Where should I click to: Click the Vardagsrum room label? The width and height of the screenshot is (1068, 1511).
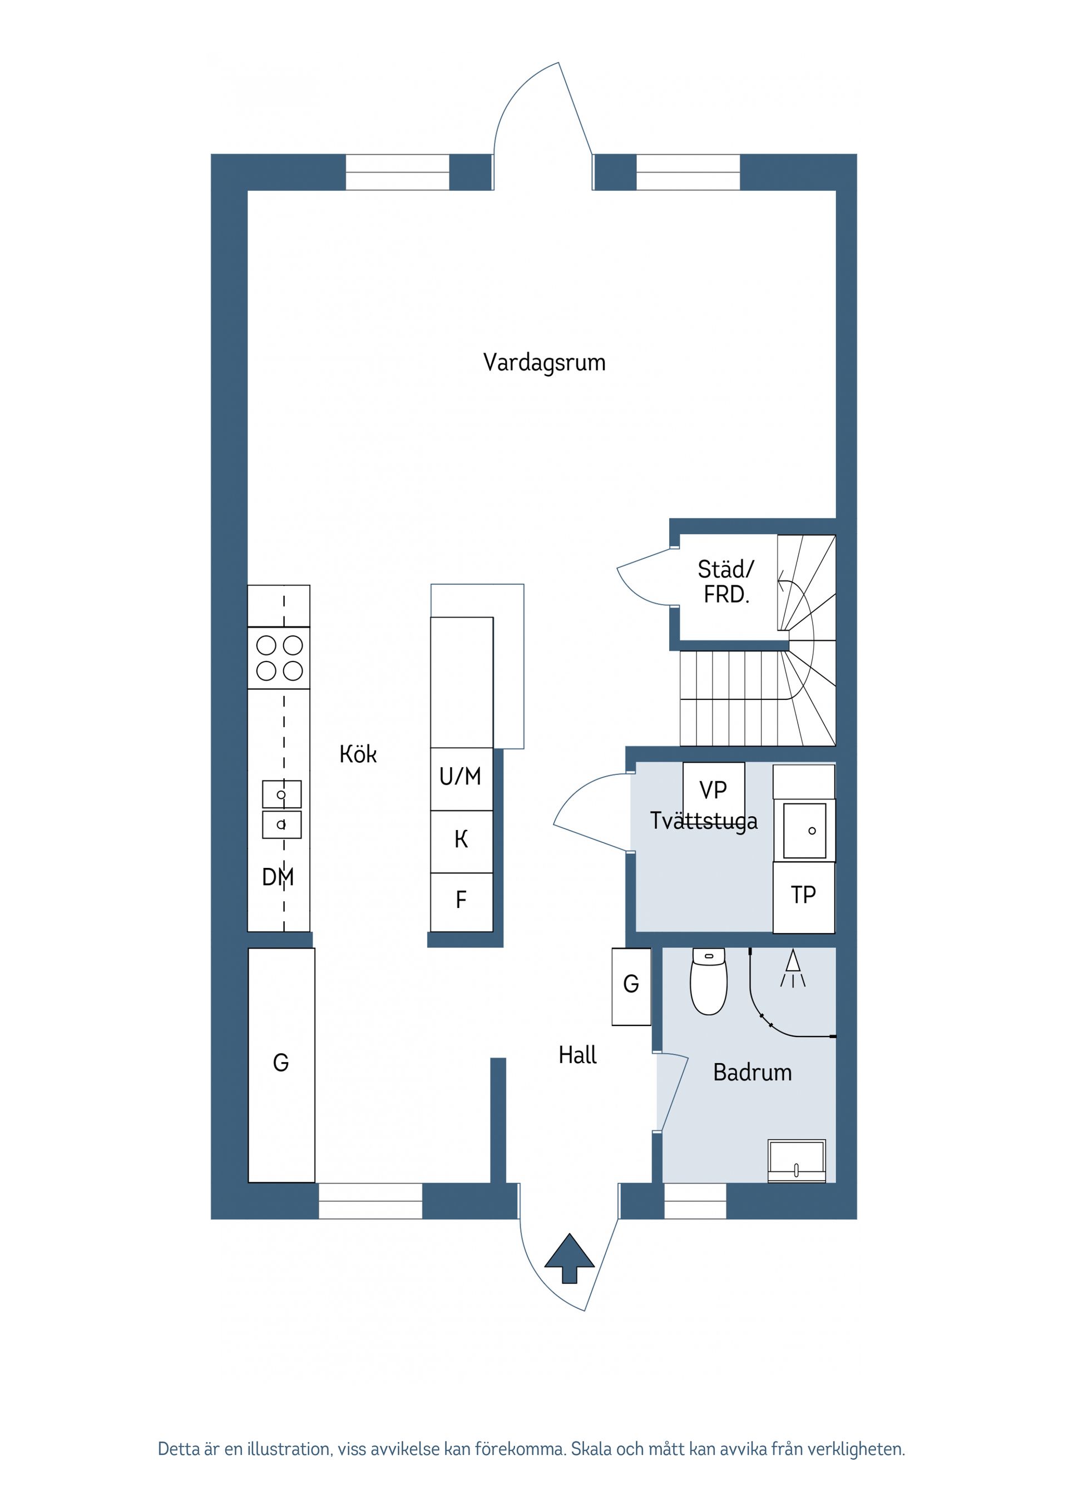click(x=543, y=363)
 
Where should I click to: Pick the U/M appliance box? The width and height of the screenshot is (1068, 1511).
click(x=461, y=778)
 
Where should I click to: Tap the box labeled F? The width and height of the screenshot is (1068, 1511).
click(x=461, y=900)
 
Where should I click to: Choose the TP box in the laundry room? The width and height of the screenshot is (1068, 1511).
click(x=803, y=896)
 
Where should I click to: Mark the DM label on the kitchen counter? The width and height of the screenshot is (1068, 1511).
click(x=278, y=877)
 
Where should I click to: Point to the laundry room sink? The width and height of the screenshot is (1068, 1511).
click(x=804, y=831)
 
